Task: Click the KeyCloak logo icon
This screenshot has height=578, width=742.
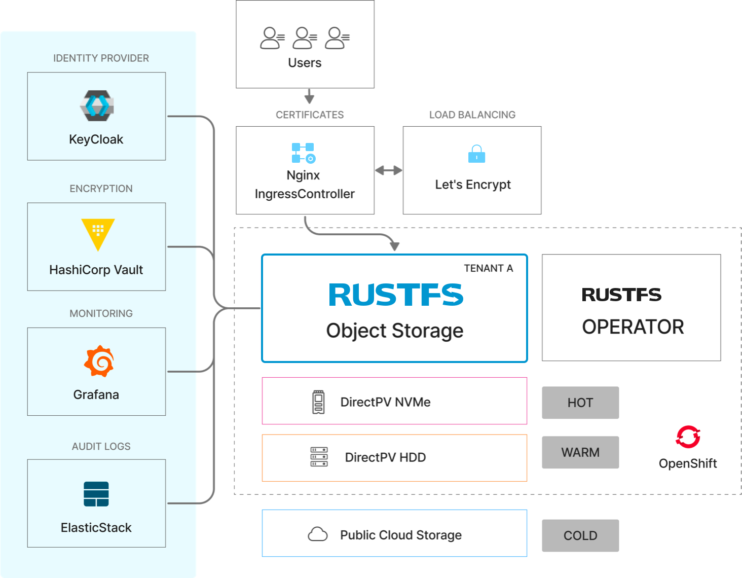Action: (97, 105)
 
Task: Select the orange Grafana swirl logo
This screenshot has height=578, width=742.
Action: (99, 361)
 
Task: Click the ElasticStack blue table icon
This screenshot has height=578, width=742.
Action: (96, 494)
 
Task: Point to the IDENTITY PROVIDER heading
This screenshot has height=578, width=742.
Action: (101, 58)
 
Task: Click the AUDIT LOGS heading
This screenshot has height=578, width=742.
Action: (101, 446)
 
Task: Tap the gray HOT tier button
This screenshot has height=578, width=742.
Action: (580, 403)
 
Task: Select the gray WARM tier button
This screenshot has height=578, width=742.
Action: (580, 452)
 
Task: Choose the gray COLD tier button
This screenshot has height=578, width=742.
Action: (580, 535)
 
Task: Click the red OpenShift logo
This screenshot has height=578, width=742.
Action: (688, 437)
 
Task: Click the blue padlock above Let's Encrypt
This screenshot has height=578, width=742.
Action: (476, 154)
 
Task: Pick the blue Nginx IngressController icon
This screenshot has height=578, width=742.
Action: (304, 153)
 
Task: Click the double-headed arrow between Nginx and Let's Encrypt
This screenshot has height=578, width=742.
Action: (389, 170)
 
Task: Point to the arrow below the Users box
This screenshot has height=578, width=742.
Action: (309, 96)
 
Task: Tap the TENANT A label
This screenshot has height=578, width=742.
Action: (488, 268)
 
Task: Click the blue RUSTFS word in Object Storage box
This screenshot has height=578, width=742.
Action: (395, 295)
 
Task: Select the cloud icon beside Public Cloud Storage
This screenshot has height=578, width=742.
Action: (318, 534)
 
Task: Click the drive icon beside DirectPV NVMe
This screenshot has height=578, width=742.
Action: (318, 402)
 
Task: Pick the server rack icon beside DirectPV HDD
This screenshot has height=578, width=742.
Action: (319, 457)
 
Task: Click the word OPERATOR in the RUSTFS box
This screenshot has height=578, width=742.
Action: (633, 327)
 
